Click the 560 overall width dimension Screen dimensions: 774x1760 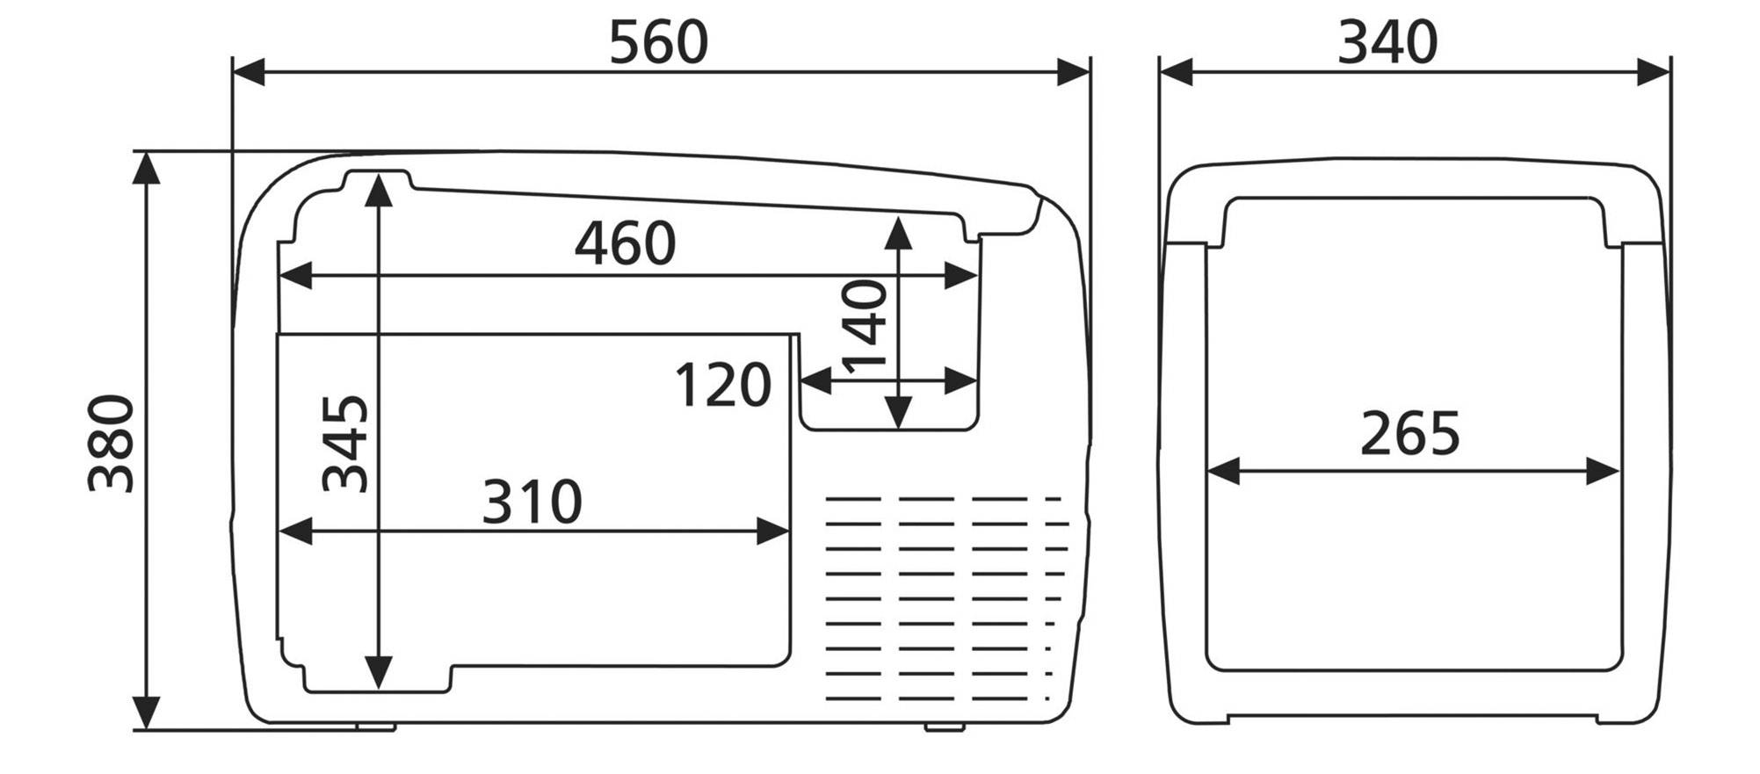click(658, 42)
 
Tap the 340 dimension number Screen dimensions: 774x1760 click(1387, 42)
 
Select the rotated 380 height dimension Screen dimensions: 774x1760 click(112, 444)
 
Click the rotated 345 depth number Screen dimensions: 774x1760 click(344, 444)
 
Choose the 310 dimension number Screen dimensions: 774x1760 click(532, 502)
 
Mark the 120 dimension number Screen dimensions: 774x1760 click(722, 386)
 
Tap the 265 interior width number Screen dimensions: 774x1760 click(1409, 433)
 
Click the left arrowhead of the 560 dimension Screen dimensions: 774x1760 click(248, 73)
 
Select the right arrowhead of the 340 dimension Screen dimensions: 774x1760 click(1654, 73)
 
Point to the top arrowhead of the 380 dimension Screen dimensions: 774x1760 click(146, 168)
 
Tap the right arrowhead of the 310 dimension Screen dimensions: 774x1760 click(773, 532)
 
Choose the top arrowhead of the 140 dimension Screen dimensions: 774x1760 click(897, 232)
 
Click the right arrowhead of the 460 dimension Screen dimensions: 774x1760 click(961, 276)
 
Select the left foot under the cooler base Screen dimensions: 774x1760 click(376, 727)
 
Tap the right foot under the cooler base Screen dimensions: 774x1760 click(945, 727)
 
